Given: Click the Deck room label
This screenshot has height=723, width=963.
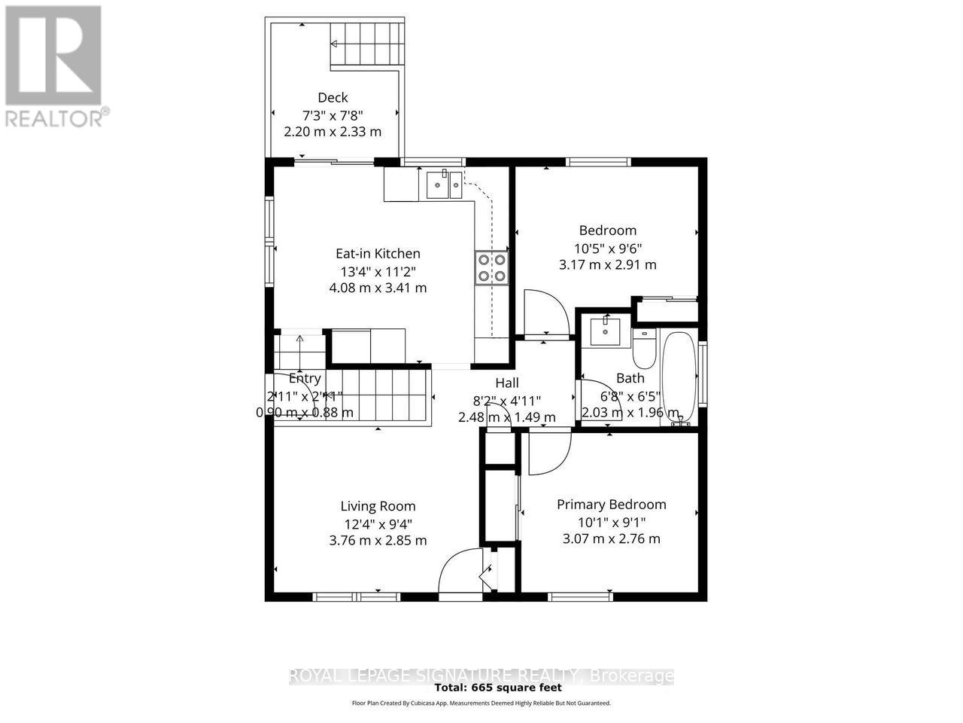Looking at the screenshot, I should tap(333, 97).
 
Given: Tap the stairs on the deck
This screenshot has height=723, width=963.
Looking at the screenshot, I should tap(367, 44).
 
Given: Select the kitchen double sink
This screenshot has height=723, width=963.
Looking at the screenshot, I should tap(444, 184).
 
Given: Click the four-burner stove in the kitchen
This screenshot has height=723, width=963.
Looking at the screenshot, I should tap(491, 268).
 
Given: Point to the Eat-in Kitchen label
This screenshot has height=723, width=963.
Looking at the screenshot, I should tap(378, 254).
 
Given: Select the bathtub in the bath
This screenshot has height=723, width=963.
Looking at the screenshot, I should tap(679, 377).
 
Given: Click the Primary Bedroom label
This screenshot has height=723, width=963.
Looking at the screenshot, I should tap(611, 505).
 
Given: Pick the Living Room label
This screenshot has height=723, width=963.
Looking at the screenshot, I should tap(378, 506).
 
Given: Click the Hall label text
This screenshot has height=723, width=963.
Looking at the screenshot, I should tap(506, 383).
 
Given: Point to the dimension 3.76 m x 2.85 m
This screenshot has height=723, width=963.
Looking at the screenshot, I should tap(378, 540).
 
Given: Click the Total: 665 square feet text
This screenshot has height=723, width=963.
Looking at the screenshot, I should tap(498, 687).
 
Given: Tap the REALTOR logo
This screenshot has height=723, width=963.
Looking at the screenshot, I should tap(54, 64).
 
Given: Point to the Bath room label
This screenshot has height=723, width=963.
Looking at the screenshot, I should tap(630, 378).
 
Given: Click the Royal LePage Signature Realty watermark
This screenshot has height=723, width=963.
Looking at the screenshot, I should tap(481, 676).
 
